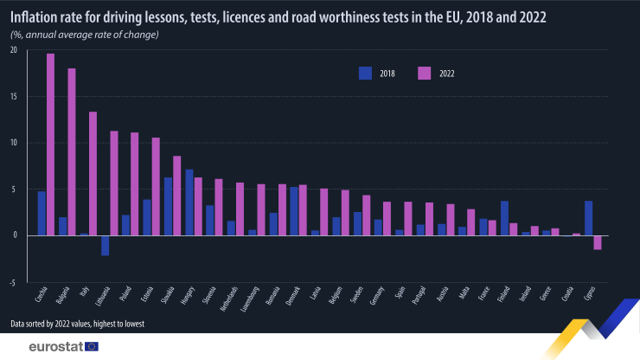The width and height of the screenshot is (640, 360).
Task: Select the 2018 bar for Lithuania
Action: click(x=105, y=245)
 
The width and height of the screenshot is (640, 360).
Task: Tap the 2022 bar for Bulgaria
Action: click(x=72, y=151)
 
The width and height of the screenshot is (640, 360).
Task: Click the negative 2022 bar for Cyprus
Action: click(x=598, y=242)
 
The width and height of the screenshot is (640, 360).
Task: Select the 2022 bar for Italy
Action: click(x=93, y=173)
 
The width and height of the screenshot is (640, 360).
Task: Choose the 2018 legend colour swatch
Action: click(x=366, y=74)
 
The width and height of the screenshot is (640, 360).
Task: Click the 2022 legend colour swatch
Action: click(x=425, y=74)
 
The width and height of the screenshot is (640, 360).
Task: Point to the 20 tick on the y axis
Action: click(x=13, y=50)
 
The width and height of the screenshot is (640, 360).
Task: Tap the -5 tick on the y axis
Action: click(x=13, y=282)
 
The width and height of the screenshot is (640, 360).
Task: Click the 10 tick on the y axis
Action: click(x=13, y=143)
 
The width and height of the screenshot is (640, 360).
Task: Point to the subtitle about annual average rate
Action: click(x=84, y=34)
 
